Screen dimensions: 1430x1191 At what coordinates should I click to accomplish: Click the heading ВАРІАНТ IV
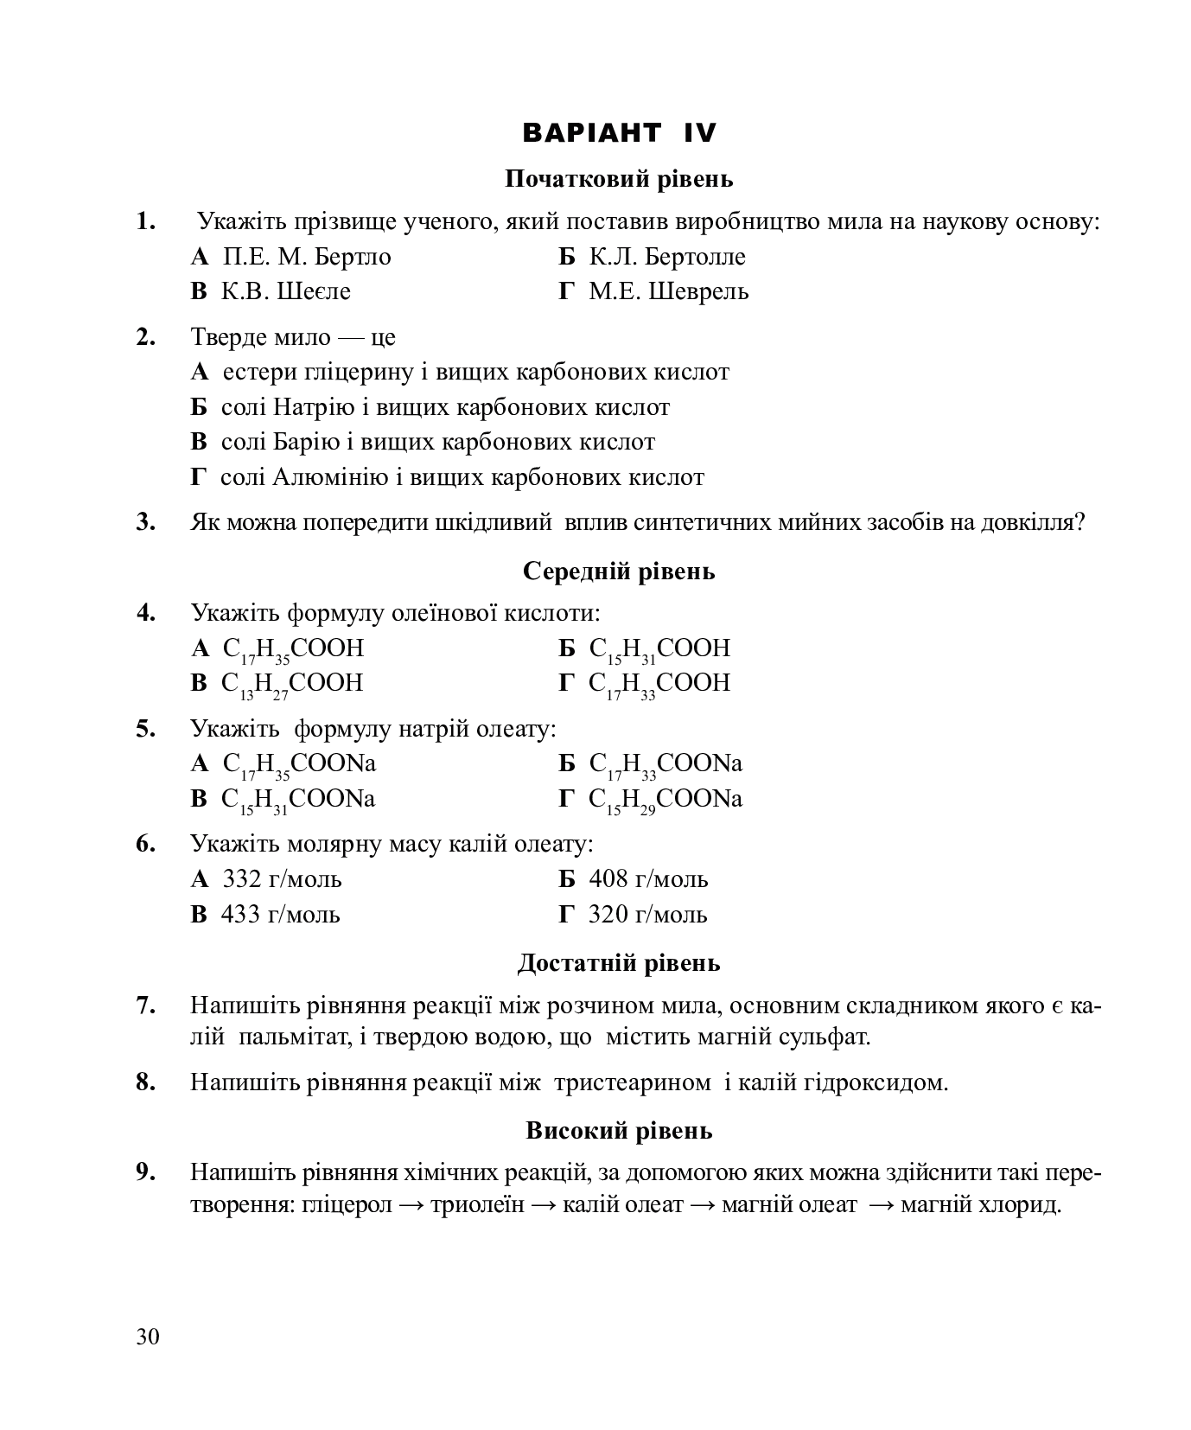(619, 132)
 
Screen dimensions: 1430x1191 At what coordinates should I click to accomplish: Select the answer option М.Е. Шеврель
(668, 291)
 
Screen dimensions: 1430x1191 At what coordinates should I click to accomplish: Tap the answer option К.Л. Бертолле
(666, 257)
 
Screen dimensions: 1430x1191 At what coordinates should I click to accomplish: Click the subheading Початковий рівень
(619, 179)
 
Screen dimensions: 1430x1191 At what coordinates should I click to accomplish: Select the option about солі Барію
(437, 442)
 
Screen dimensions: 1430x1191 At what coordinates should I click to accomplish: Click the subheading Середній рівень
(619, 571)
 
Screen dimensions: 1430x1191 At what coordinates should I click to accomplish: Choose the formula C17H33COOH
(659, 684)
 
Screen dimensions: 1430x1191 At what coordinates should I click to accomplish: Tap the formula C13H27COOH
(292, 684)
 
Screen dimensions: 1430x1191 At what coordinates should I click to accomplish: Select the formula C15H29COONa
(665, 800)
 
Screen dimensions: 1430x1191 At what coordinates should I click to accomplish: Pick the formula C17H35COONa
(299, 764)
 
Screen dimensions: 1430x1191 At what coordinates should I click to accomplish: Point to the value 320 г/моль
(647, 914)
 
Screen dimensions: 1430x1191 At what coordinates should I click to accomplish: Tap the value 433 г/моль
(280, 914)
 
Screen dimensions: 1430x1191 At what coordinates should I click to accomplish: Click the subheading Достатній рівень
(619, 963)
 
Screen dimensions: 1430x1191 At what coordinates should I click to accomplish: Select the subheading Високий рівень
(619, 1130)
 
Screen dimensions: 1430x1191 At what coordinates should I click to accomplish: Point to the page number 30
(148, 1337)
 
